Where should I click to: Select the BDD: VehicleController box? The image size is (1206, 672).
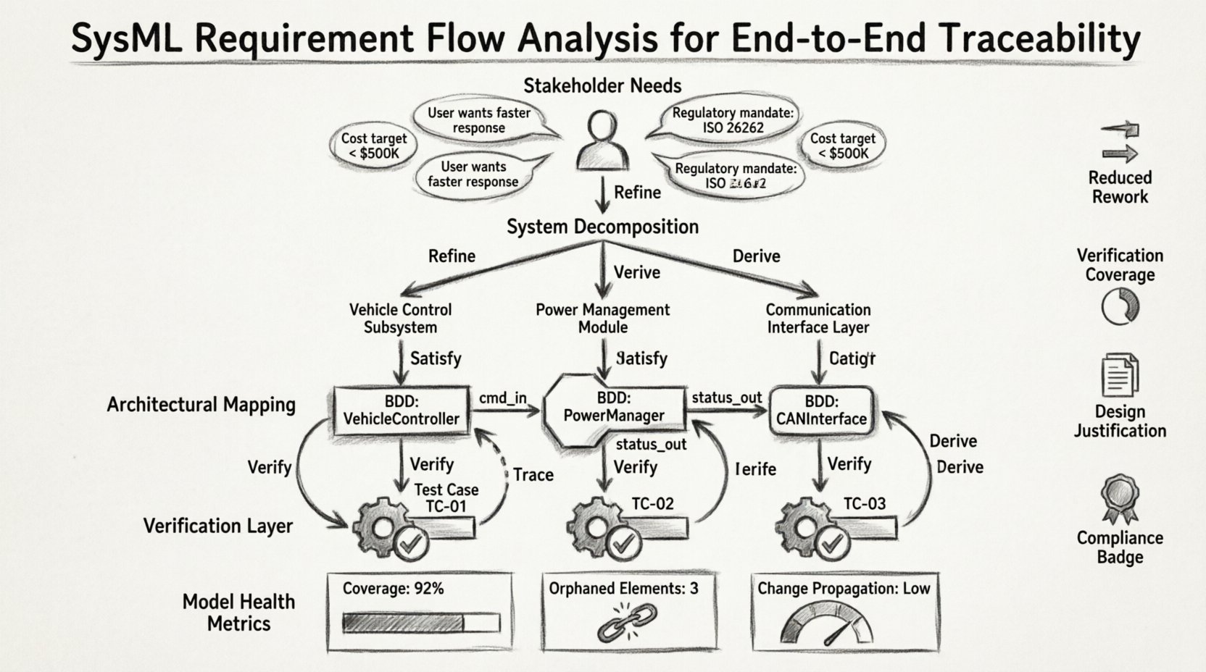click(x=401, y=411)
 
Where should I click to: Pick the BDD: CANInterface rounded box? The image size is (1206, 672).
click(x=821, y=411)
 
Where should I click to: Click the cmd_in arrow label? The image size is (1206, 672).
click(x=502, y=398)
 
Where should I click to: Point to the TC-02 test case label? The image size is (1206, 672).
click(x=652, y=503)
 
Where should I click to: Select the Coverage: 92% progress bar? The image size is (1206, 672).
click(x=421, y=623)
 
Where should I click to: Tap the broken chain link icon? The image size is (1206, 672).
click(x=628, y=623)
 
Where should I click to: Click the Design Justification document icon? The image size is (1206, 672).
click(x=1119, y=374)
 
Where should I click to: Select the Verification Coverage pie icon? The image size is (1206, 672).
click(x=1120, y=306)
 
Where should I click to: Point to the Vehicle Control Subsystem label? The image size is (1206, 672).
click(x=400, y=318)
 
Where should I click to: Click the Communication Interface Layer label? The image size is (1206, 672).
click(x=818, y=318)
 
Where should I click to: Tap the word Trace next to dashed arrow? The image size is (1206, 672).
click(x=533, y=475)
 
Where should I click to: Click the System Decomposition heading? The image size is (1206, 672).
click(x=602, y=227)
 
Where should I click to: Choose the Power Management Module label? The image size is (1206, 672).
click(x=602, y=318)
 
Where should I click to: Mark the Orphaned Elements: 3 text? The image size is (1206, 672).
click(x=623, y=588)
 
